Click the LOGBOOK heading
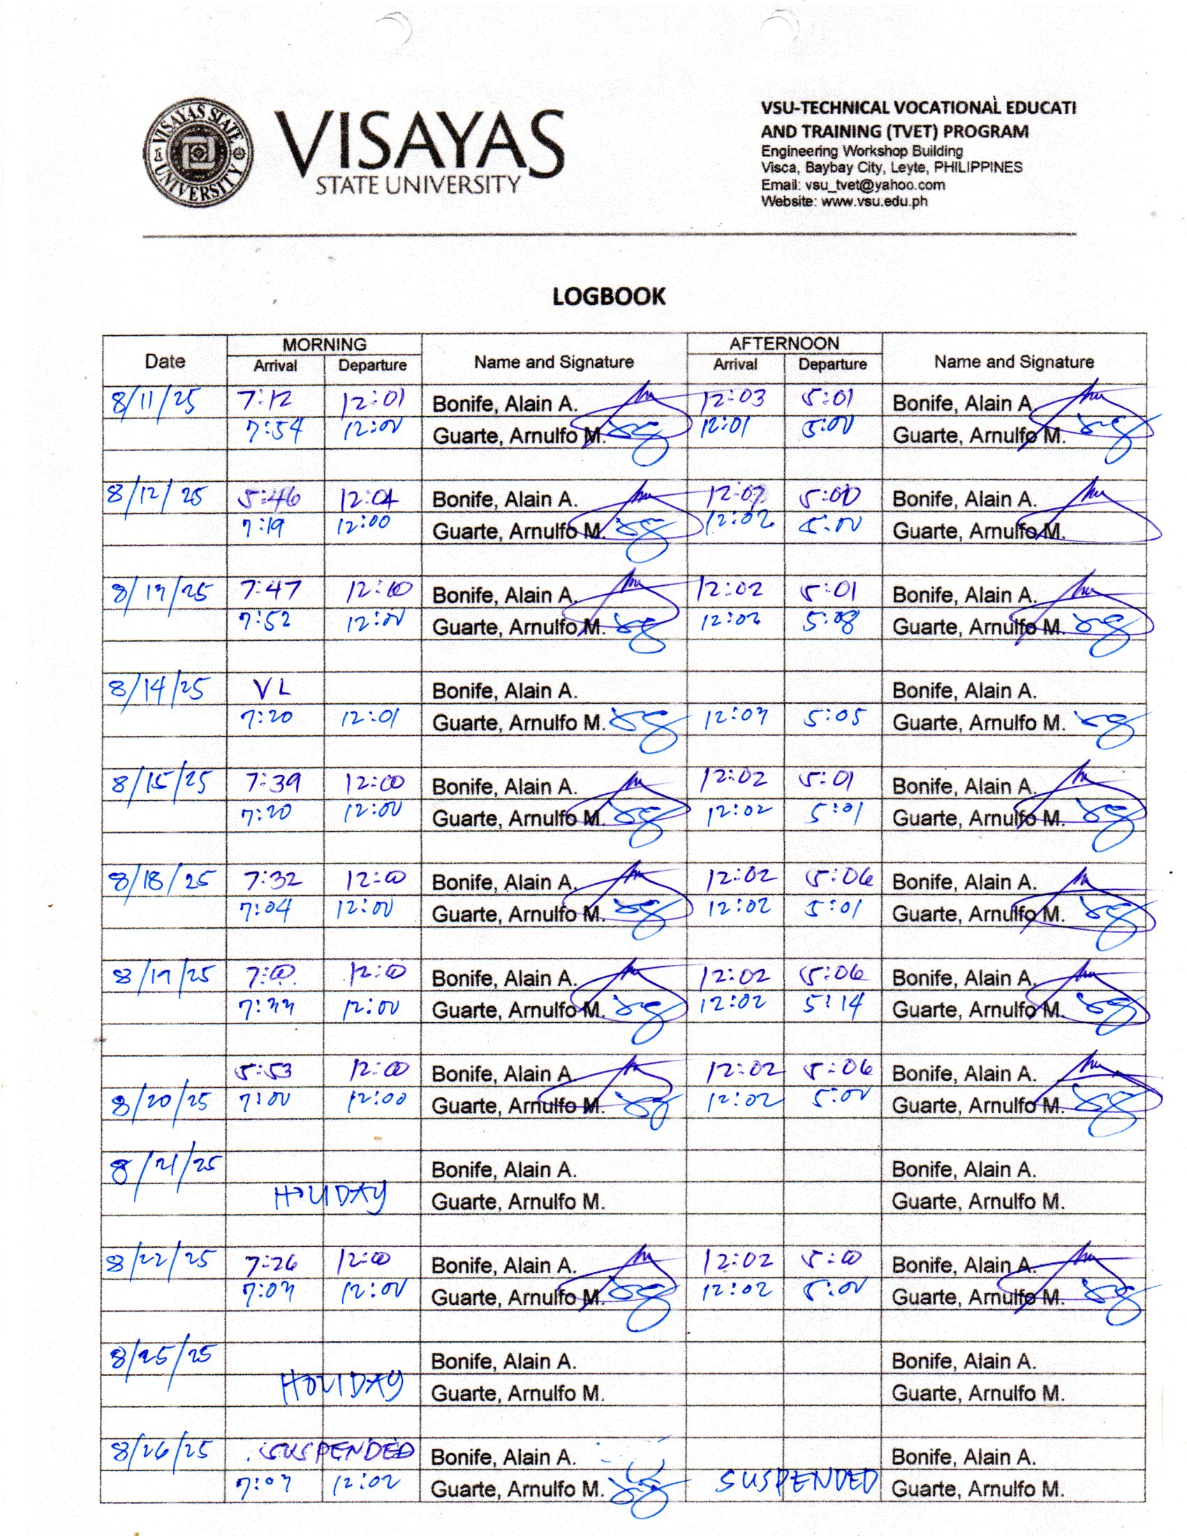608,296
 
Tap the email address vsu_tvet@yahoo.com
853,185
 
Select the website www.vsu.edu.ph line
844,201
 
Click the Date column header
165,361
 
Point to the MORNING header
324,345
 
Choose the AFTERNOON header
784,344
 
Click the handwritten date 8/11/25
154,401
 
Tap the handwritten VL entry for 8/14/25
272,691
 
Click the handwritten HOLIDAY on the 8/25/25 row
342,1386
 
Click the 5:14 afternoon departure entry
832,1005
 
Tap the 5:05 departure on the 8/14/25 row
835,718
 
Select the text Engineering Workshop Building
862,152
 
